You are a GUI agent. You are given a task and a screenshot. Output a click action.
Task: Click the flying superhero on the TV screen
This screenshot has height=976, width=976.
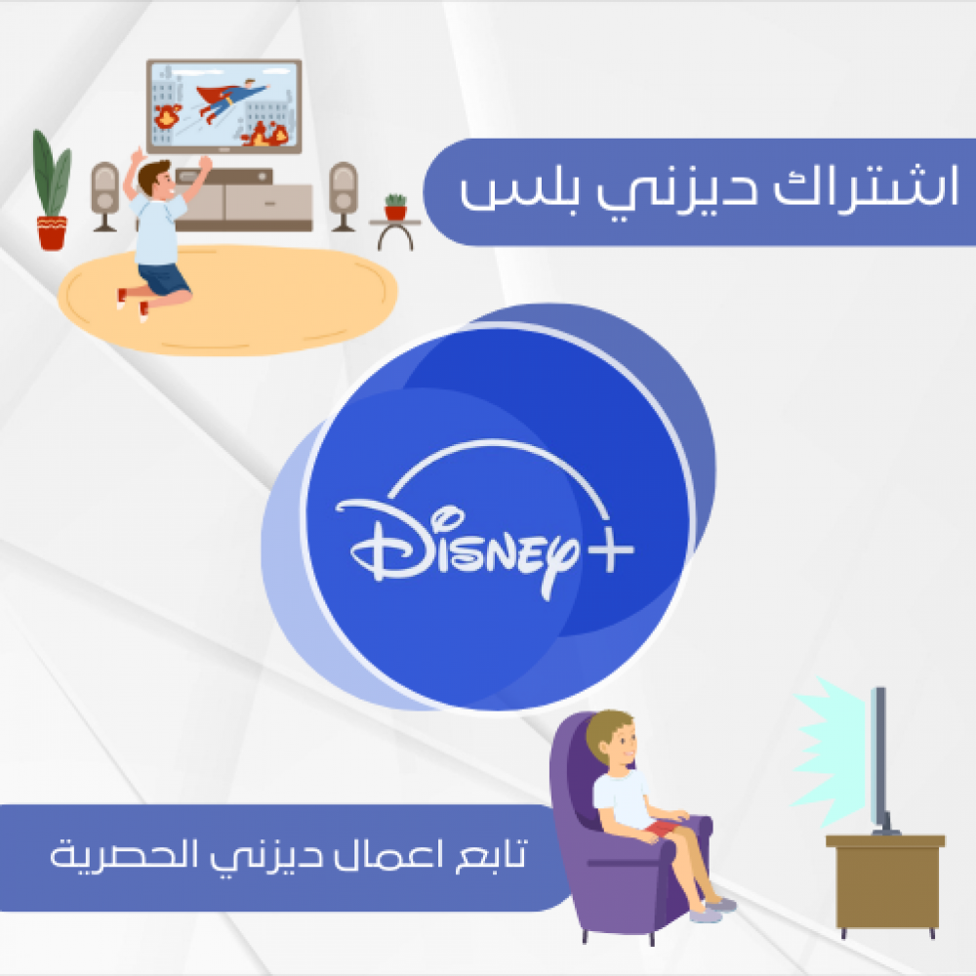tap(231, 99)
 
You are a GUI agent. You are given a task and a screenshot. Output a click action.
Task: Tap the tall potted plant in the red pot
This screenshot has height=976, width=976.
tap(52, 190)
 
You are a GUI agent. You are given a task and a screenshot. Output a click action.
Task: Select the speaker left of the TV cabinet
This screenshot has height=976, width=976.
tap(104, 196)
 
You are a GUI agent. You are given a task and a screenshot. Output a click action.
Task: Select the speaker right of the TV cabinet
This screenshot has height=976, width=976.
tap(343, 196)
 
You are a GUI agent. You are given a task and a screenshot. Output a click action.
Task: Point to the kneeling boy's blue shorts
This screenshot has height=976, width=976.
tap(163, 278)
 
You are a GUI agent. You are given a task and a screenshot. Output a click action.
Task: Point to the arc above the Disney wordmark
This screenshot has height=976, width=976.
tap(498, 443)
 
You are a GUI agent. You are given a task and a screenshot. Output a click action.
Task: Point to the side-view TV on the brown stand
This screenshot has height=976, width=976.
tap(880, 760)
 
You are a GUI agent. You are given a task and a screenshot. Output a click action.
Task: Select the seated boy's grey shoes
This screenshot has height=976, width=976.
tap(713, 910)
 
